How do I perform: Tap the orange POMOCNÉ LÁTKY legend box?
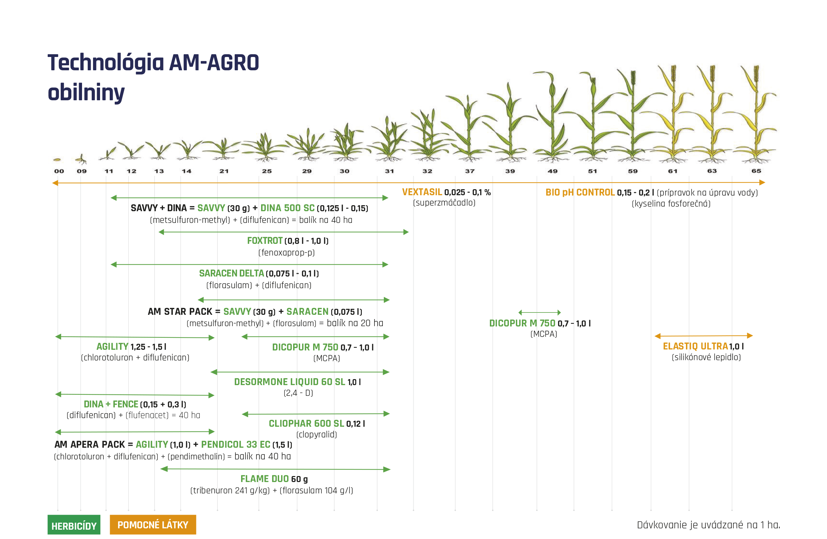point(153,524)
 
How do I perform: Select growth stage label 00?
point(59,171)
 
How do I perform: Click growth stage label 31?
point(389,171)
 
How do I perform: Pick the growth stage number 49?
point(553,171)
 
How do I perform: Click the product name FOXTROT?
point(265,241)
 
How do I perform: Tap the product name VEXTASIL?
point(422,192)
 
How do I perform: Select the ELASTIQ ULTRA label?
point(695,346)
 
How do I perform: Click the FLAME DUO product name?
point(264,479)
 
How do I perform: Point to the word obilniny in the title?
point(86,92)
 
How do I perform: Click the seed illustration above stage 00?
point(57,160)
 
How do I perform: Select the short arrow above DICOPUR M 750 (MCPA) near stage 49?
point(540,312)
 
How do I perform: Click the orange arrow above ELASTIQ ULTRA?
point(704,335)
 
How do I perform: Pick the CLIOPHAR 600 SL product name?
point(306,423)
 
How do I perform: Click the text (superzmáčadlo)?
point(444,203)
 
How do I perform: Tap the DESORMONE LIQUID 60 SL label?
point(290,382)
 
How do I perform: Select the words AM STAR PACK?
point(180,311)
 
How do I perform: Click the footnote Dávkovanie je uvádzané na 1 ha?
point(709,525)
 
